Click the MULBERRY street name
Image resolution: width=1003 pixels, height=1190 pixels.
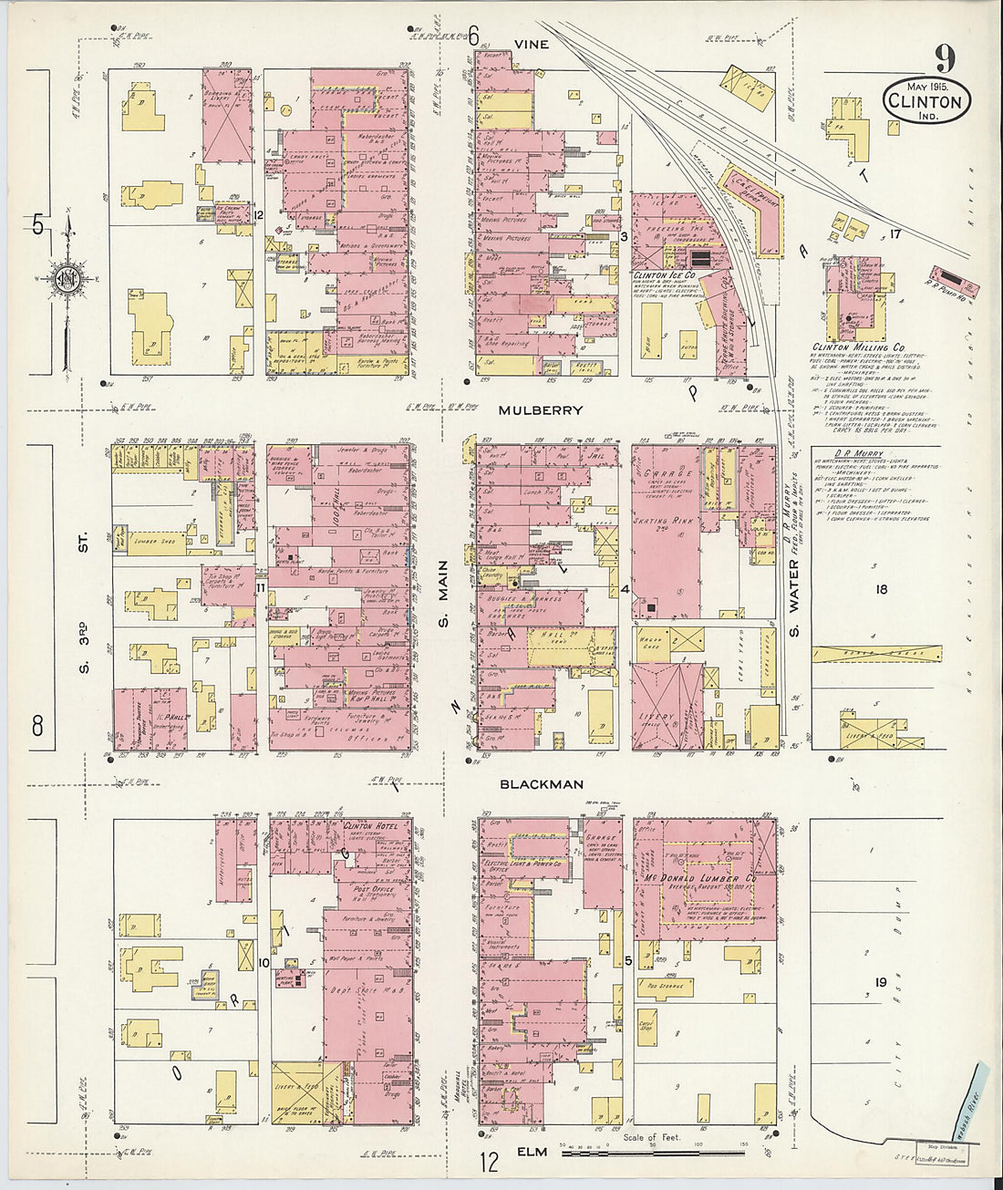pos(540,410)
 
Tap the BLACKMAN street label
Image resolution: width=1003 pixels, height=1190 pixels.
pos(541,784)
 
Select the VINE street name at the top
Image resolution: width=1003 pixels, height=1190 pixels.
pos(532,43)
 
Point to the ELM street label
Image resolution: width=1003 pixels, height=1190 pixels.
pos(532,1152)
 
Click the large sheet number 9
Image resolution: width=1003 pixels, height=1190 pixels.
pos(944,59)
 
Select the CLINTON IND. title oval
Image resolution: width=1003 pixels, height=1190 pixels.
pos(925,99)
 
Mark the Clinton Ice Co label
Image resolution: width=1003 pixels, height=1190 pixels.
pos(665,274)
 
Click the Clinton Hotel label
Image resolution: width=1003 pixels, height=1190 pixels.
pos(367,824)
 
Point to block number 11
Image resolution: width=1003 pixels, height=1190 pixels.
pos(260,588)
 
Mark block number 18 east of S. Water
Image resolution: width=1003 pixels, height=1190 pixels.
pos(881,589)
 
